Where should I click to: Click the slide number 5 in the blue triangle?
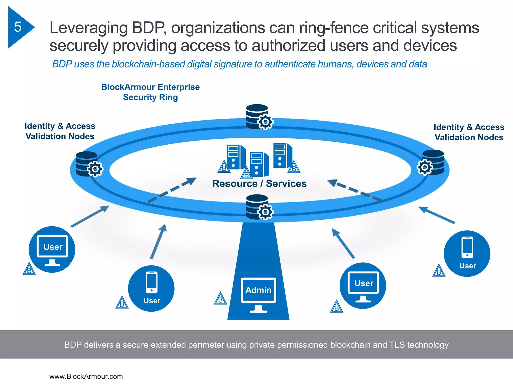18,27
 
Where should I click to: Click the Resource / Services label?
259,183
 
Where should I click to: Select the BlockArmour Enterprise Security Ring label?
150,92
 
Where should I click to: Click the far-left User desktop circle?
52,249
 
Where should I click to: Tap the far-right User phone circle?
467,253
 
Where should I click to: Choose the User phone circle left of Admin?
151,288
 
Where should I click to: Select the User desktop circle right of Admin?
363,286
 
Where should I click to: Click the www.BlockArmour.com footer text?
86,376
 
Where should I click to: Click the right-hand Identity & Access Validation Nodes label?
469,132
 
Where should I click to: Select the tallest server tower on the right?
283,155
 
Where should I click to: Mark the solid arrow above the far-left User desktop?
90,216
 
